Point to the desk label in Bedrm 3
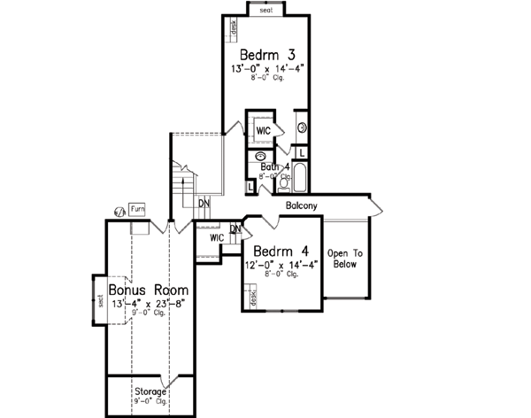pyautogui.click(x=233, y=31)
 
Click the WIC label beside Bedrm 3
pyautogui.click(x=263, y=131)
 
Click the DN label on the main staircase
pyautogui.click(x=204, y=203)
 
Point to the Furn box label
pyautogui.click(x=137, y=209)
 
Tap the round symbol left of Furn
pyautogui.click(x=119, y=211)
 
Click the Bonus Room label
pyautogui.click(x=149, y=290)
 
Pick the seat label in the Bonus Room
pyautogui.click(x=101, y=301)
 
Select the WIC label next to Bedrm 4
pyautogui.click(x=216, y=238)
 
